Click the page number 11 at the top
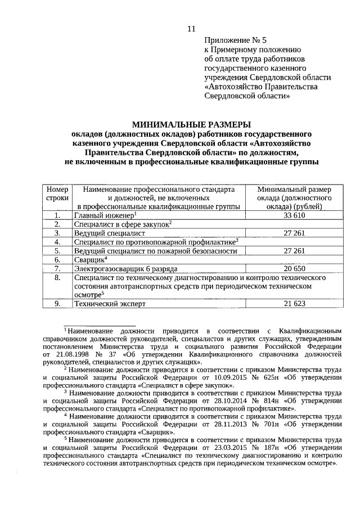click(191, 29)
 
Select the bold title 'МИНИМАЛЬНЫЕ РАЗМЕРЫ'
click(191, 125)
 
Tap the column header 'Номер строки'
click(57, 194)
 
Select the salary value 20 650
click(294, 269)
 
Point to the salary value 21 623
click(294, 304)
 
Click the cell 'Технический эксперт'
click(110, 304)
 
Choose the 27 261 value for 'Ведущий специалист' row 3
click(294, 233)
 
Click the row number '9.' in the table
click(57, 304)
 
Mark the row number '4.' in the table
click(57, 242)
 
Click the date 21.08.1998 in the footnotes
click(74, 355)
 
